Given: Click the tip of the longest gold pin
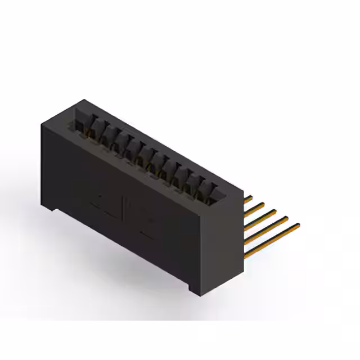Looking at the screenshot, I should pos(298,226).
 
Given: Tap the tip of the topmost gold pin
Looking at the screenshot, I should pos(251,197).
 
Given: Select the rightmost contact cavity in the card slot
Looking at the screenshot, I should pos(215,191).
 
